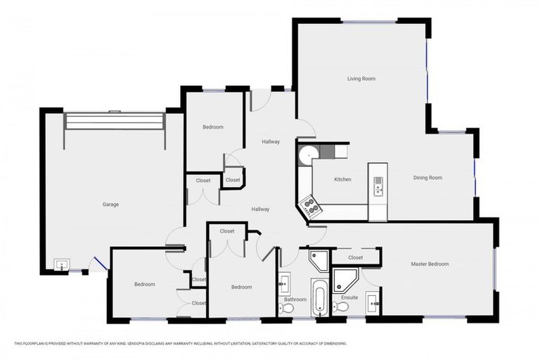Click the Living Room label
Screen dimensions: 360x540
pyautogui.click(x=361, y=79)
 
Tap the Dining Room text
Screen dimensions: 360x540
pyautogui.click(x=427, y=178)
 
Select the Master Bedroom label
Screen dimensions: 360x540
pyautogui.click(x=430, y=264)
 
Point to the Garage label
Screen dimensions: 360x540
pyautogui.click(x=110, y=205)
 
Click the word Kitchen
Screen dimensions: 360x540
pyautogui.click(x=342, y=179)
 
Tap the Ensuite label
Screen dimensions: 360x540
pyautogui.click(x=349, y=297)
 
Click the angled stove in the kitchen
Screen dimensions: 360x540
pyautogui.click(x=310, y=206)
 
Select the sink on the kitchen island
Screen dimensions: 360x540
pyautogui.click(x=378, y=186)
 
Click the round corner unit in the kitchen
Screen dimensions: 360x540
pyautogui.click(x=307, y=155)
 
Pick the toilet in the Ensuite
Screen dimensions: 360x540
pyautogui.click(x=341, y=307)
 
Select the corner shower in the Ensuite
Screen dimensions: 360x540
pyautogui.click(x=344, y=279)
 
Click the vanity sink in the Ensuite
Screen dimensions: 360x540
pyautogui.click(x=373, y=304)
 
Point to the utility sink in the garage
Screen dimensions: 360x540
pyautogui.click(x=62, y=265)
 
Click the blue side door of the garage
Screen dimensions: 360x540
pyautogui.click(x=101, y=264)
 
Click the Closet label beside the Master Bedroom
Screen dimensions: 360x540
pyautogui.click(x=356, y=257)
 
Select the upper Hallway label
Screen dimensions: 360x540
pyautogui.click(x=271, y=141)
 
